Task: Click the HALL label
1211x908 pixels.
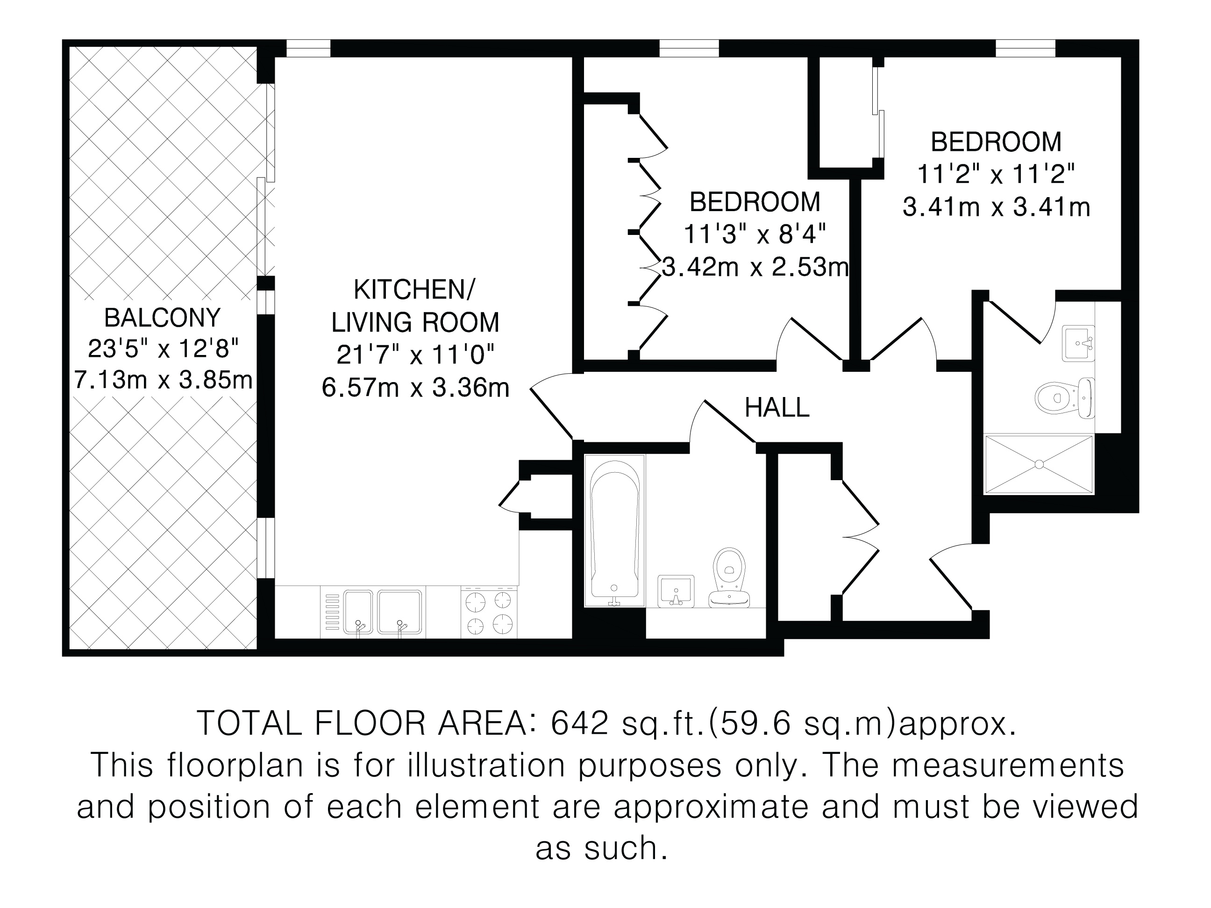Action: coord(777,408)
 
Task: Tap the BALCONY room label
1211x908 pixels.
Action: coord(163,318)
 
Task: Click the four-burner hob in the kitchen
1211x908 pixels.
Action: coord(489,611)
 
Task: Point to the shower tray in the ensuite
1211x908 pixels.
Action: coord(1039,464)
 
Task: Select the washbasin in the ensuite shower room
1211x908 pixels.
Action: coord(1078,343)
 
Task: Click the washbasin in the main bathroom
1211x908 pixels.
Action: coord(676,591)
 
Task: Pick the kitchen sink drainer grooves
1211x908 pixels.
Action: coord(332,612)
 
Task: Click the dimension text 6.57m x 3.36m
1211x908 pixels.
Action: coord(415,388)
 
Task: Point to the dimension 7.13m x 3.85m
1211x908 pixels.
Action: coord(163,379)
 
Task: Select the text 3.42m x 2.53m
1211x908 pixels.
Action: coord(755,267)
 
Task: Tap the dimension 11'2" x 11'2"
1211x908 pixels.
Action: coord(996,175)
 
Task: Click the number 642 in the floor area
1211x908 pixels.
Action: coord(580,723)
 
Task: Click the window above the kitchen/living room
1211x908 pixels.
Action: coord(308,48)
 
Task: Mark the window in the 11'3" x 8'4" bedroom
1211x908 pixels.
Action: coord(689,48)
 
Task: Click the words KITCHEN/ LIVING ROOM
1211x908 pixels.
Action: coord(415,306)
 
